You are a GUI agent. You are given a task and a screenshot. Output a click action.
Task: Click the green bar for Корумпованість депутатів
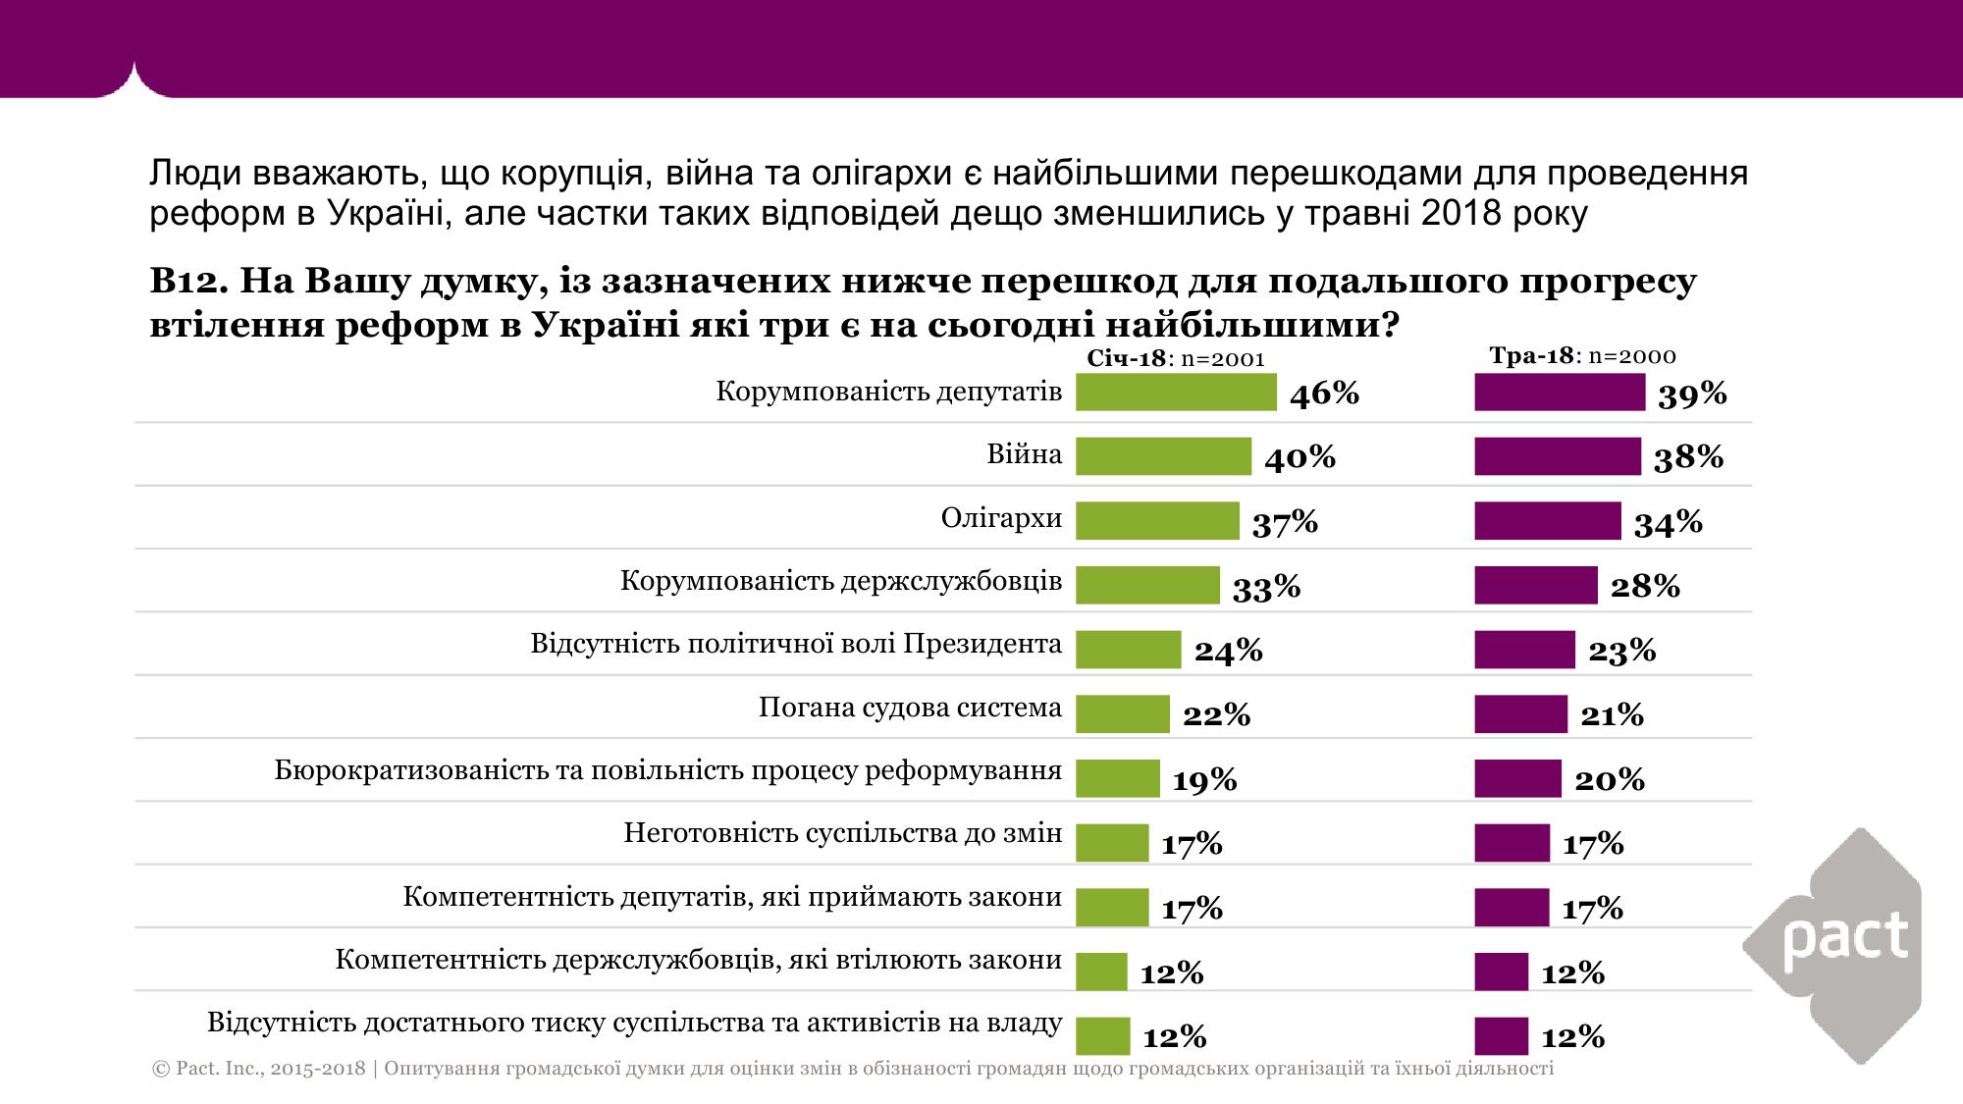[x=1175, y=393]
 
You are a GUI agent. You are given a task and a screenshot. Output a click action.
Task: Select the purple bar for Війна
[x=1557, y=456]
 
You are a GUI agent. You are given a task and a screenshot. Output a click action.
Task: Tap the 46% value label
[x=1324, y=394]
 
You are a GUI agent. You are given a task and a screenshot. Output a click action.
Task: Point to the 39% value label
[x=1692, y=394]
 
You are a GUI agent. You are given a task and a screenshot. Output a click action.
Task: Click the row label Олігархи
[x=1001, y=518]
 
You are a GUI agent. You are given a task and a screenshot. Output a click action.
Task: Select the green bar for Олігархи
[x=1157, y=521]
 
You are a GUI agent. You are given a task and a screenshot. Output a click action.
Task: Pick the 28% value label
[x=1645, y=586]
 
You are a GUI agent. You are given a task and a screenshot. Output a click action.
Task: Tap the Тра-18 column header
[x=1531, y=355]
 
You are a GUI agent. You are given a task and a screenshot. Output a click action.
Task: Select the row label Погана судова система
[x=910, y=708]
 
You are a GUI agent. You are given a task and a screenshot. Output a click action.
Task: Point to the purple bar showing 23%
[x=1523, y=650]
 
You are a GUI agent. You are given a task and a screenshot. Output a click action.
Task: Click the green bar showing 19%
[x=1117, y=778]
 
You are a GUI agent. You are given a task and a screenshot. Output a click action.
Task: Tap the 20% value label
[x=1610, y=779]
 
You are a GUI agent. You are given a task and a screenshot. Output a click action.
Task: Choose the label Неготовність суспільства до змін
[x=842, y=834]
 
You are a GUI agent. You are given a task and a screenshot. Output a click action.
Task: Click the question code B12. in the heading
[x=188, y=282]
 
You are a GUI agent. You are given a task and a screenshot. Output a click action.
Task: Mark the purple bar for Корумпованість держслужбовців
[x=1535, y=585]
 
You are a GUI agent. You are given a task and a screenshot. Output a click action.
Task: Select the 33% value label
[x=1266, y=587]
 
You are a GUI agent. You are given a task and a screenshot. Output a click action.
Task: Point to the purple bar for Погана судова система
[x=1520, y=713]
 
